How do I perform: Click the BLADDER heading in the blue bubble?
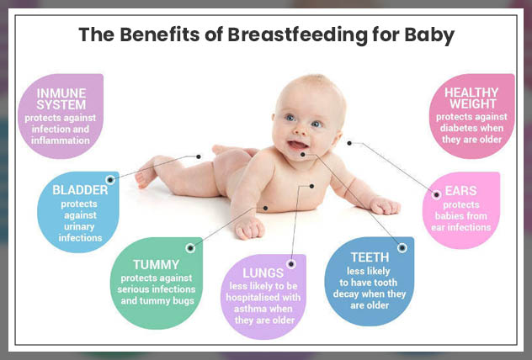80,191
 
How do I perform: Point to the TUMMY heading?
157,264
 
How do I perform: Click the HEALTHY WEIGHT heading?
471,98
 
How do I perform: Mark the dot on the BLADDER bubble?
110,178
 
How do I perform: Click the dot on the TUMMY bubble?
189,247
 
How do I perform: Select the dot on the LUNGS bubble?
291,263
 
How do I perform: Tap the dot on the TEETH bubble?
402,247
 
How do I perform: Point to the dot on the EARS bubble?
436,194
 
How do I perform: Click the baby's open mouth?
299,151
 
